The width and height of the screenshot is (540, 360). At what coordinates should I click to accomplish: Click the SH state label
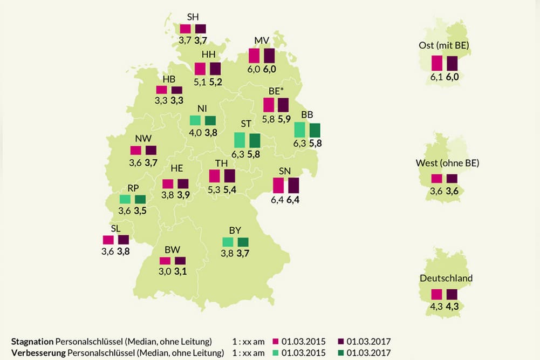pos(193,17)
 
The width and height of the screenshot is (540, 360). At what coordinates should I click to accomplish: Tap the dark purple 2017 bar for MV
pos(269,56)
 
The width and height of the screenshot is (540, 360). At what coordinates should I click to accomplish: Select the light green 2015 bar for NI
pos(195,120)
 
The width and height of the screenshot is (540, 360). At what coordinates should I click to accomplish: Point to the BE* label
pos(275,91)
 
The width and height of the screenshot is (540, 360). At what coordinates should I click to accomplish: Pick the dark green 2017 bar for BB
pos(315,130)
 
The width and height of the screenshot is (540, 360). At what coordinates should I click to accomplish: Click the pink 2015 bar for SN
pos(278,185)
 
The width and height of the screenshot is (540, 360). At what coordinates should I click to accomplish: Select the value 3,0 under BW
pos(165,271)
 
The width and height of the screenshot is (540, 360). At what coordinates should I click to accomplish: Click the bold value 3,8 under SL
pos(123,252)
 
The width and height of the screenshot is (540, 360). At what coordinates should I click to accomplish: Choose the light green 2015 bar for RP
pos(125,199)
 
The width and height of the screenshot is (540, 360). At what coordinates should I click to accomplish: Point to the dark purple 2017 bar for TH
pos(229,176)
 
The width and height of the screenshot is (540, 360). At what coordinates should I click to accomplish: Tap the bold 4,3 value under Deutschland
pos(452,307)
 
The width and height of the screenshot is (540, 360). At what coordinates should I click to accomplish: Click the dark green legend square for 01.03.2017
pos(340,353)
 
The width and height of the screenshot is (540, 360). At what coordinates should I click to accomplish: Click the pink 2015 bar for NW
pos(135,151)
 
